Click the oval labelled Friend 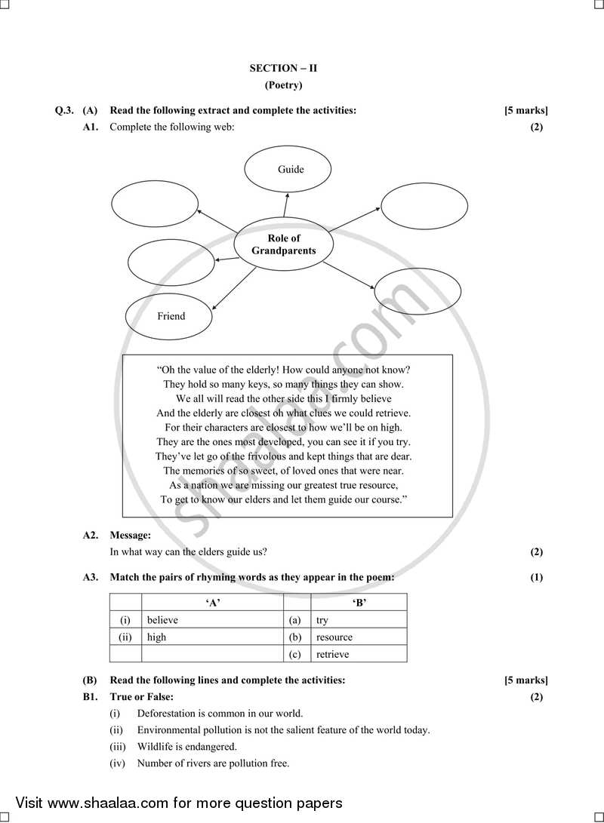tap(168, 316)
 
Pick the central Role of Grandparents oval tap(284, 244)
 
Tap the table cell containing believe tap(211, 620)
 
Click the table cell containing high tap(211, 637)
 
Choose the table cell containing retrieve tap(358, 654)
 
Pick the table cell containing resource tap(358, 637)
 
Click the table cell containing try tap(358, 620)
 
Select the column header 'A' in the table tap(212, 602)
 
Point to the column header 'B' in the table tap(359, 602)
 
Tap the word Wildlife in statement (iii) tap(154, 746)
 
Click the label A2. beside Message tap(91, 535)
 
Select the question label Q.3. tap(64, 111)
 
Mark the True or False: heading tap(141, 696)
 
